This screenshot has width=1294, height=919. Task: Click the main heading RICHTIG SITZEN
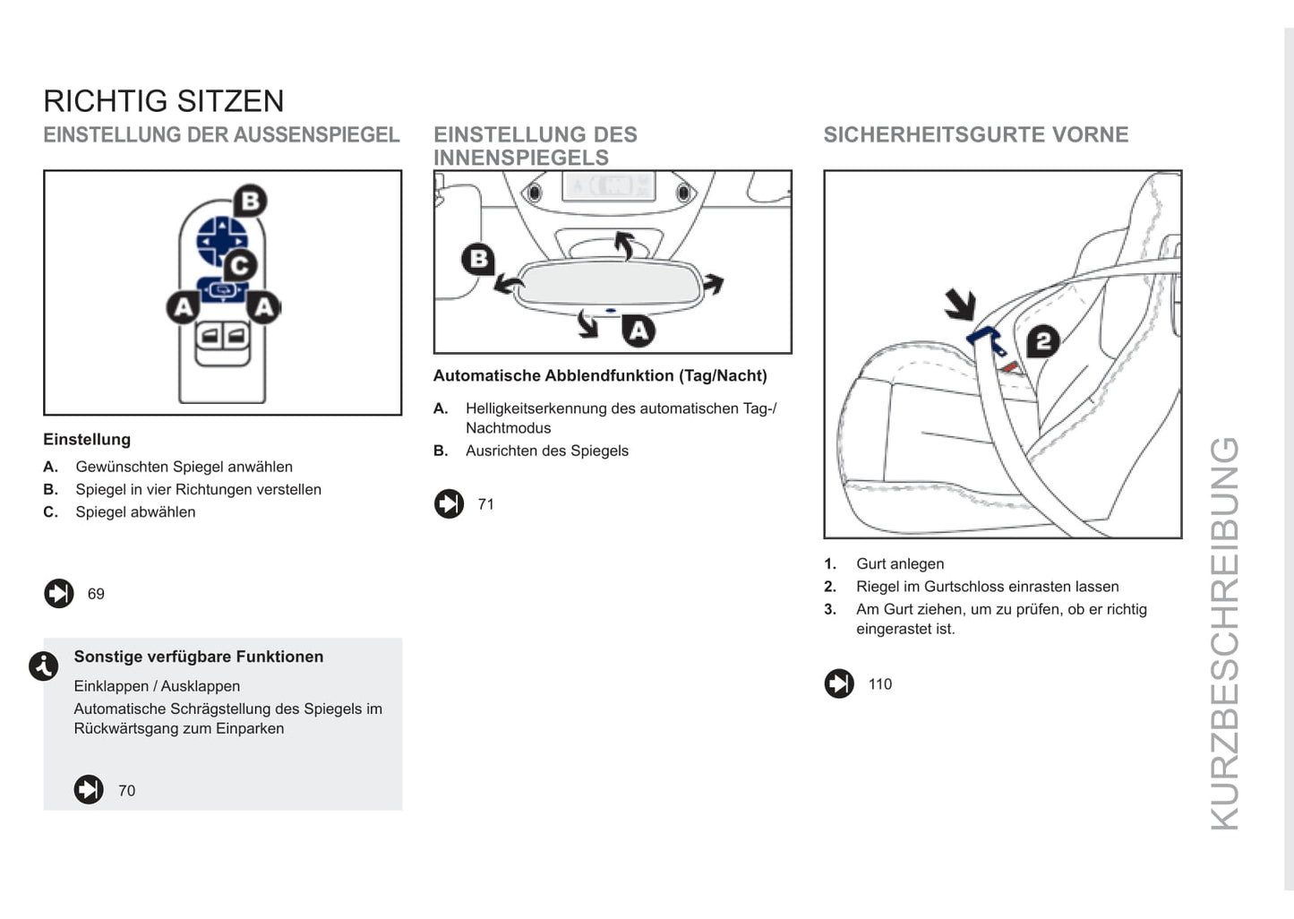tap(164, 101)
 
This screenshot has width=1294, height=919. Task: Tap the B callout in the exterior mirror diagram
tap(251, 201)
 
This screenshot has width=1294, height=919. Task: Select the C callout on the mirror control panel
tap(239, 265)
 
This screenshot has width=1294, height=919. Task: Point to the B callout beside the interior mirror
tap(478, 260)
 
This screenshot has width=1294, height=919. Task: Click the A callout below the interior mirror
tap(638, 331)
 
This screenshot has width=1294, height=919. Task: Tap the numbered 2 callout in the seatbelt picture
tap(1042, 341)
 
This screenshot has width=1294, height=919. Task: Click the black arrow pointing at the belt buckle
tap(960, 305)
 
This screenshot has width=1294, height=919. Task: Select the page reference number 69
tap(96, 594)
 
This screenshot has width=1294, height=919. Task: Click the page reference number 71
tap(486, 504)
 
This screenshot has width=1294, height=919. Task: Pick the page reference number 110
tap(880, 684)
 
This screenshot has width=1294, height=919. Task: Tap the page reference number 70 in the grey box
tap(126, 791)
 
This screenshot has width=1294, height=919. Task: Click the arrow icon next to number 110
tap(839, 684)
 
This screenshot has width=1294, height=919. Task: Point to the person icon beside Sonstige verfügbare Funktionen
tap(44, 666)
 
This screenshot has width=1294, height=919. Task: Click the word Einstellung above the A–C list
tap(87, 440)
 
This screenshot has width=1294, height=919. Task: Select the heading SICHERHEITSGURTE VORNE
tap(976, 135)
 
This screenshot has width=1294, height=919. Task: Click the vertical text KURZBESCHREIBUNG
tap(1224, 632)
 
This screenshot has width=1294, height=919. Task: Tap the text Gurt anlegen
tap(900, 564)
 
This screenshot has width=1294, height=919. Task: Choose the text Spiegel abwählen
tap(135, 512)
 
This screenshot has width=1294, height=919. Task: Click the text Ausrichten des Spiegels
tap(547, 451)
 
